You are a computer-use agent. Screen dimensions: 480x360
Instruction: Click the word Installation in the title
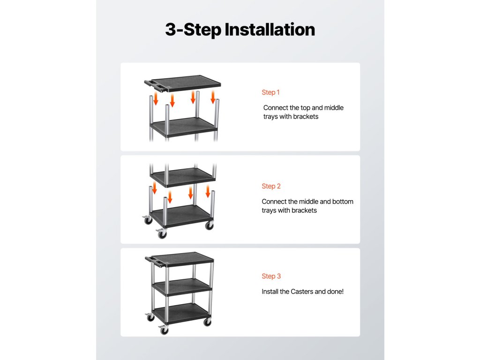[270, 30]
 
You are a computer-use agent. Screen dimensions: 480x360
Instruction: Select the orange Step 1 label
[270, 92]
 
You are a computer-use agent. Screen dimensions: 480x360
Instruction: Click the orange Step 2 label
[271, 186]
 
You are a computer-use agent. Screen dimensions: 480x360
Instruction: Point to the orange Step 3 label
[271, 276]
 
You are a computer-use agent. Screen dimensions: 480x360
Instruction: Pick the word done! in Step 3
[335, 292]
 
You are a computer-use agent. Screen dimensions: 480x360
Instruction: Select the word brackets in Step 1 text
[306, 117]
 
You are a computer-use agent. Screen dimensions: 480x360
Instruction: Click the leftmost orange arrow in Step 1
[156, 98]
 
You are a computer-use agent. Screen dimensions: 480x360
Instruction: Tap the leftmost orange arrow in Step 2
[154, 187]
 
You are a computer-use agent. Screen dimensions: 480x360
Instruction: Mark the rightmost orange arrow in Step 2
[208, 191]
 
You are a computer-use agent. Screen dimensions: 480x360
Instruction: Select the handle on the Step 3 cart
[156, 261]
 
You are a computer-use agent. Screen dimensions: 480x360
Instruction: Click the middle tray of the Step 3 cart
[182, 287]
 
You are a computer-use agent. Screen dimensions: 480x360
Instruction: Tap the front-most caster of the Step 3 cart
[164, 330]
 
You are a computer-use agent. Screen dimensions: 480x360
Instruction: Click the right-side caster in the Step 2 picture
[210, 225]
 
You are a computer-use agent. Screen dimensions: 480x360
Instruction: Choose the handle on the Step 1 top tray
[156, 85]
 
